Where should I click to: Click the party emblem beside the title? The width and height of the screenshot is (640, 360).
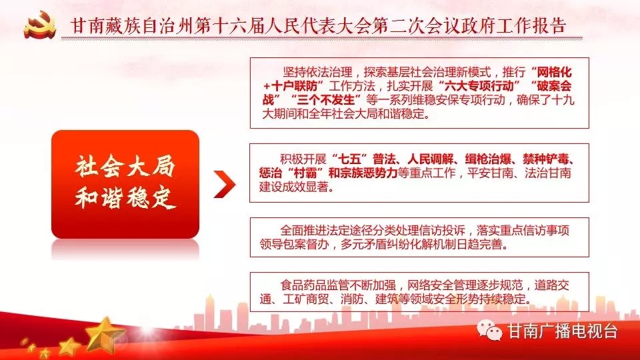pos(39,25)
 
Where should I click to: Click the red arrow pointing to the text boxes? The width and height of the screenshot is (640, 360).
pos(225,184)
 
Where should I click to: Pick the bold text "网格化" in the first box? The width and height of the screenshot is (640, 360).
pos(554,73)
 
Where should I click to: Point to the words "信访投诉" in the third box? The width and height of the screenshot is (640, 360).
pos(442,231)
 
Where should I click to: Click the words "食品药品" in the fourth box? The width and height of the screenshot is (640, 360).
pos(303,285)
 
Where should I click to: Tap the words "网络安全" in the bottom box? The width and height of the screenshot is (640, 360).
pos(430,285)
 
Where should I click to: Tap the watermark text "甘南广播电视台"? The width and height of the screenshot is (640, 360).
pos(562,331)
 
